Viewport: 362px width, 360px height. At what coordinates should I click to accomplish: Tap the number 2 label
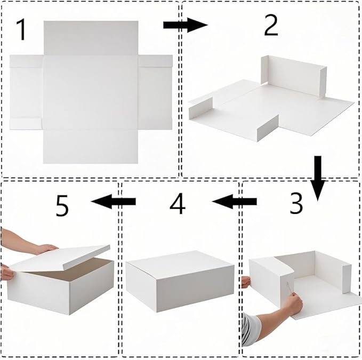[x=271, y=25]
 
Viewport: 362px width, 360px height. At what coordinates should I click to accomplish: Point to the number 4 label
[x=178, y=203]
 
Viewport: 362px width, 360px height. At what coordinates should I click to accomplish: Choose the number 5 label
[x=62, y=206]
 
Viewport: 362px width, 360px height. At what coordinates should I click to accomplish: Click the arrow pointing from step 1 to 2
[x=184, y=25]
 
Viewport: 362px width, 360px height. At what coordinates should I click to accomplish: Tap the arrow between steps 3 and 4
[x=234, y=202]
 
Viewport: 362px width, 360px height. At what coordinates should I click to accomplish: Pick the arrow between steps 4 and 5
[x=114, y=201]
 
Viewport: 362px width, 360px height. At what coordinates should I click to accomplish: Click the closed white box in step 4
[x=180, y=280]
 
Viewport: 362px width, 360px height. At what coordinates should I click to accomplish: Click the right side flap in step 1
[x=155, y=92]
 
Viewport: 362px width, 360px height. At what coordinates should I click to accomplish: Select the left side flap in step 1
[x=26, y=92]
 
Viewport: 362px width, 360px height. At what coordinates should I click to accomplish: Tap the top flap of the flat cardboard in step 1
[x=91, y=37]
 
